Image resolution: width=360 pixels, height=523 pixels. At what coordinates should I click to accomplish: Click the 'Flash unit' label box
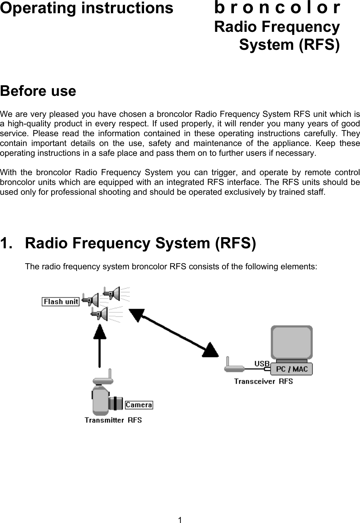coord(60,301)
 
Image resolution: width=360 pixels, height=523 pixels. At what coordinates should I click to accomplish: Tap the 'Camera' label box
coord(139,405)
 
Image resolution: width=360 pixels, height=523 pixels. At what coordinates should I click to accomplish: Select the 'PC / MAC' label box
coord(292,369)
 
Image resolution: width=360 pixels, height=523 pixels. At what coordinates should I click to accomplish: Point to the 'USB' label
coord(262,363)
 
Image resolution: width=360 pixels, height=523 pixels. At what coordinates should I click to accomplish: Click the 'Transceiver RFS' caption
coord(263,381)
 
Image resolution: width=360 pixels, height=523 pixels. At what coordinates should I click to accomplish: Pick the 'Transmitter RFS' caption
coord(113,420)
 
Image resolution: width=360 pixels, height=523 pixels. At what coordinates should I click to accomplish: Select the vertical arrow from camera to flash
coord(100,346)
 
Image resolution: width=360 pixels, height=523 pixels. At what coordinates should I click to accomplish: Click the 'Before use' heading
coord(38,91)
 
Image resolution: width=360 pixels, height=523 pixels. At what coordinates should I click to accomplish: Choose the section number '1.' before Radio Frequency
coord(7,243)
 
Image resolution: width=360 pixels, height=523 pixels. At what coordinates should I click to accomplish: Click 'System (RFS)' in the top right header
coord(289,45)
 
